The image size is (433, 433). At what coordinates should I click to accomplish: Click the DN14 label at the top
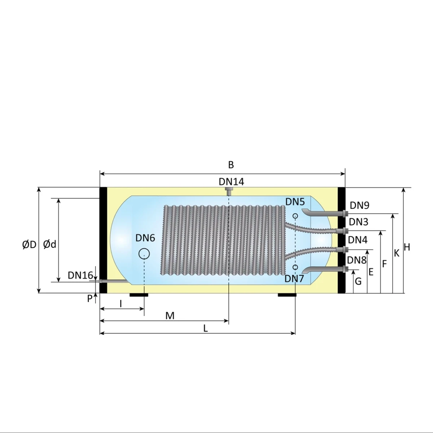[231, 181]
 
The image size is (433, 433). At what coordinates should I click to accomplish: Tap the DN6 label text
[145, 238]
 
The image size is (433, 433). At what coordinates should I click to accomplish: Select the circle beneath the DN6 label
[144, 254]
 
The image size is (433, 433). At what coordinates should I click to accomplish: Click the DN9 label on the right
[359, 205]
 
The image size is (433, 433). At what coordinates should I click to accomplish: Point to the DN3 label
[358, 222]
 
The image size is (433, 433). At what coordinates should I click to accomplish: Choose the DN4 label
[358, 240]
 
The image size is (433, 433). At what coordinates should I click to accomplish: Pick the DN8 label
[357, 260]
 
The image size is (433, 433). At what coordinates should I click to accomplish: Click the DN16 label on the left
[80, 275]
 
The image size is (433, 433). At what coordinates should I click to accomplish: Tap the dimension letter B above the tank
[231, 165]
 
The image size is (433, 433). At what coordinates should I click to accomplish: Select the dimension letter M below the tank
[170, 316]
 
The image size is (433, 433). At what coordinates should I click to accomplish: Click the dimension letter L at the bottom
[205, 328]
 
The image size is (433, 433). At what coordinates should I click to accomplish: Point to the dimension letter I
[121, 304]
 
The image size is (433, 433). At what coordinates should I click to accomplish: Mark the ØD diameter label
[29, 245]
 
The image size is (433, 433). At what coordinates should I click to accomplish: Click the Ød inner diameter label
[50, 245]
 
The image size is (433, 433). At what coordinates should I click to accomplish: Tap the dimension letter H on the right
[407, 247]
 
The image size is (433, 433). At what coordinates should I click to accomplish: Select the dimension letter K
[397, 253]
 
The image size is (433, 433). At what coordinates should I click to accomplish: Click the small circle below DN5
[295, 216]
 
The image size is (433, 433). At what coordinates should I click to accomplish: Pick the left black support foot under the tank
[139, 295]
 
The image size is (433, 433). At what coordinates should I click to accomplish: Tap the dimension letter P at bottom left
[90, 299]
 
